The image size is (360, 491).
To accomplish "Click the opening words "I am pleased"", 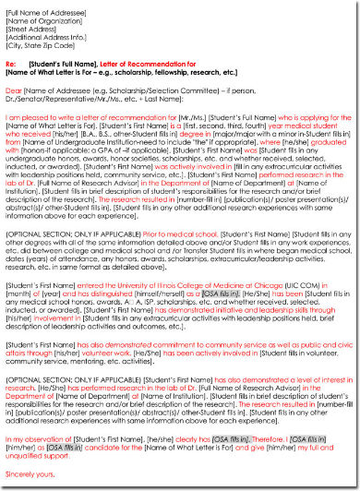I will click(28, 119).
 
